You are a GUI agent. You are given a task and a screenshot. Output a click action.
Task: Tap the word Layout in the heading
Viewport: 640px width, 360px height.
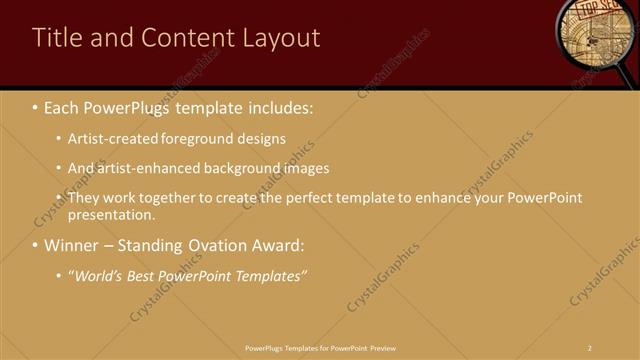pyautogui.click(x=281, y=38)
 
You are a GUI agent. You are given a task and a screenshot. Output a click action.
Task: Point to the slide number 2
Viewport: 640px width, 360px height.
pyautogui.click(x=590, y=347)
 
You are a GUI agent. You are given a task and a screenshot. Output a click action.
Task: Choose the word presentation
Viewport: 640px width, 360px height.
pyautogui.click(x=111, y=214)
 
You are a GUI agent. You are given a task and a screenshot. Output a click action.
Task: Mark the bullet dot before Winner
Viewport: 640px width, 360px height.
pyautogui.click(x=35, y=245)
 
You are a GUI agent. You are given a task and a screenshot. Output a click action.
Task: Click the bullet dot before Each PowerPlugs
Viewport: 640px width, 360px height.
pyautogui.click(x=35, y=105)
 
